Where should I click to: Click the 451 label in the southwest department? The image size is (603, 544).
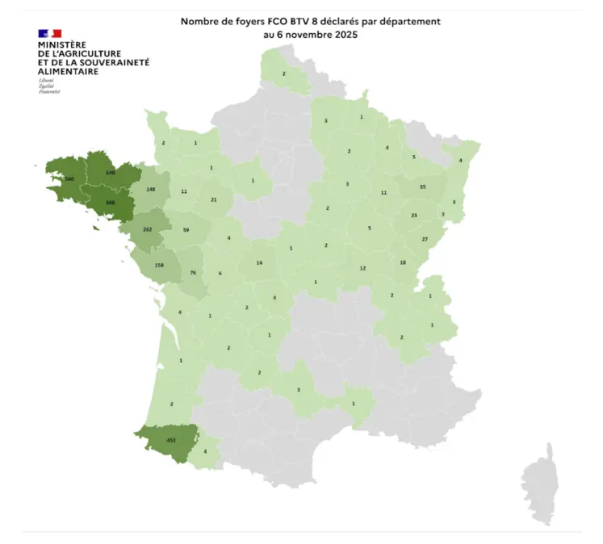click(x=170, y=440)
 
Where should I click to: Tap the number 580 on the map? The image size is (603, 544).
click(x=111, y=203)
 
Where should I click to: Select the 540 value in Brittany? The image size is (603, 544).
click(x=111, y=174)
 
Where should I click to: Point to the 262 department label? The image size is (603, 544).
click(x=147, y=229)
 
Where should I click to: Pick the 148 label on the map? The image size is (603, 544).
click(x=151, y=190)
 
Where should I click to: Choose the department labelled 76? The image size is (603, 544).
click(x=193, y=273)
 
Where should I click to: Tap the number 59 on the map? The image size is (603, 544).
click(x=186, y=230)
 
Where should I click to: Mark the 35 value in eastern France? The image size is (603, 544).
click(x=422, y=186)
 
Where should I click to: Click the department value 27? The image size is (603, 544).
click(x=425, y=240)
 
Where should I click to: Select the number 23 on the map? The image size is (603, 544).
click(x=414, y=216)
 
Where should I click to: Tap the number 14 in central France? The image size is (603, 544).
click(x=259, y=263)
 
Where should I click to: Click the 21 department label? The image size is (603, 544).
click(x=213, y=200)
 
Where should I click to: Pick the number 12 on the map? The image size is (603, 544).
click(x=362, y=268)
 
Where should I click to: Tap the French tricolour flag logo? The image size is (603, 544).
click(x=49, y=33)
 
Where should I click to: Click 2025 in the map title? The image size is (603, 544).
click(x=343, y=36)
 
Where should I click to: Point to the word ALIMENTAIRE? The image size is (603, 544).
click(x=69, y=72)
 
